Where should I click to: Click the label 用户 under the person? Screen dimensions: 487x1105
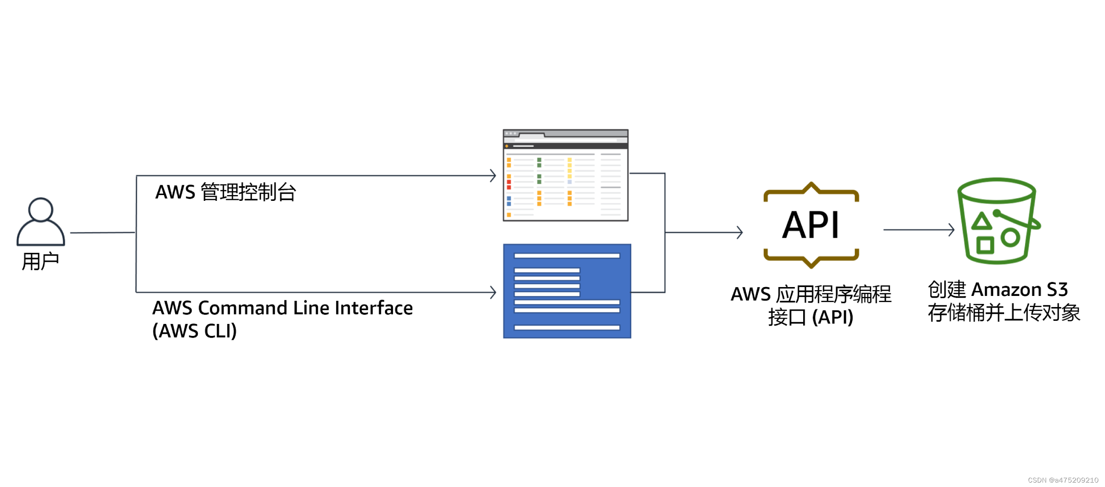click(40, 261)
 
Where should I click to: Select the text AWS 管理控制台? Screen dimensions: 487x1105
click(225, 192)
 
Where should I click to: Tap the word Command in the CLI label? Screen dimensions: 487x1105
click(243, 308)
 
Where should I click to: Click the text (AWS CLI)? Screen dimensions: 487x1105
click(194, 331)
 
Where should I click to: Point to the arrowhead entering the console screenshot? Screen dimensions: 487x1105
click(493, 176)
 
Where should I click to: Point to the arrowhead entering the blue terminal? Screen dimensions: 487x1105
click(493, 292)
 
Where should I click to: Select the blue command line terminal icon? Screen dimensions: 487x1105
click(567, 291)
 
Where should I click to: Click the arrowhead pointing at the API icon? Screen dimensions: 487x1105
click(740, 232)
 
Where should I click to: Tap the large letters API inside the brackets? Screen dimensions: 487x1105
click(811, 225)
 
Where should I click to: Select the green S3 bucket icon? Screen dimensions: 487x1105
click(997, 221)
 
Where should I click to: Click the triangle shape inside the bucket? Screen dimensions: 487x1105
click(981, 221)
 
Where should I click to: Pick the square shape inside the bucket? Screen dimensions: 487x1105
click(985, 245)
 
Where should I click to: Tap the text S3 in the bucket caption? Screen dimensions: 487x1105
click(1057, 290)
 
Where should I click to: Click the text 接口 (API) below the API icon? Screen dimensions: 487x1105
click(811, 318)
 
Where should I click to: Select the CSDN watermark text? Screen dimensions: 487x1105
click(1063, 480)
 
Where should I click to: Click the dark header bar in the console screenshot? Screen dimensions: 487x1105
click(565, 146)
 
